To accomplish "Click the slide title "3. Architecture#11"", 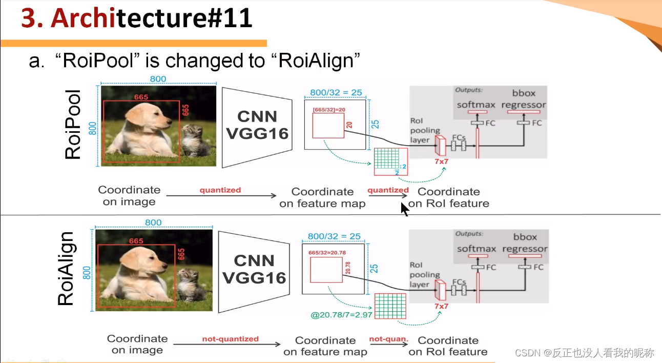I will [137, 18].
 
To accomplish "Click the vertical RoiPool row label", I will [73, 125].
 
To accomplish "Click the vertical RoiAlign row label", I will [66, 269].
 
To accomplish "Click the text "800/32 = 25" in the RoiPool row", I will [336, 93].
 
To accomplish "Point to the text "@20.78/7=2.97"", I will [342, 314].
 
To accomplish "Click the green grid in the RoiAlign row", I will [390, 306].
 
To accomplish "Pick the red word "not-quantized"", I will [230, 339].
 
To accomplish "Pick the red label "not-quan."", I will [388, 339].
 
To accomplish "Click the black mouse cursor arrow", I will [405, 209].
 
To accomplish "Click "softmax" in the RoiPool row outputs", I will [477, 105].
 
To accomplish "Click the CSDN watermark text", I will [584, 353].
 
